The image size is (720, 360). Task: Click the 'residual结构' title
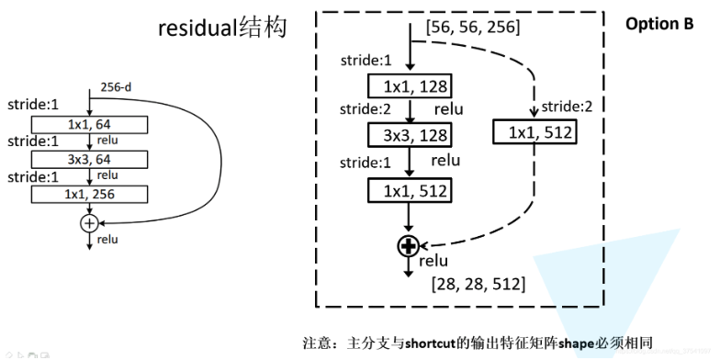point(221,28)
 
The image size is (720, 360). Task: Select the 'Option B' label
point(659,24)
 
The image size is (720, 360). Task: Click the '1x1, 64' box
point(90,125)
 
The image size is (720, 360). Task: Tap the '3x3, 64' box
point(90,159)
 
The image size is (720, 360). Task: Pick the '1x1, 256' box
point(90,194)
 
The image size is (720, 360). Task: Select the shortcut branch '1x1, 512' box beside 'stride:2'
point(535,133)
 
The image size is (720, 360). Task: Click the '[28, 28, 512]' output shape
point(478,285)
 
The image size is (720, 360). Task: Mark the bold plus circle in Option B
point(409,245)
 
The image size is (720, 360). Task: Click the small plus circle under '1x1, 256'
point(89,223)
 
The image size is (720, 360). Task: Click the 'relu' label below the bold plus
point(433,263)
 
